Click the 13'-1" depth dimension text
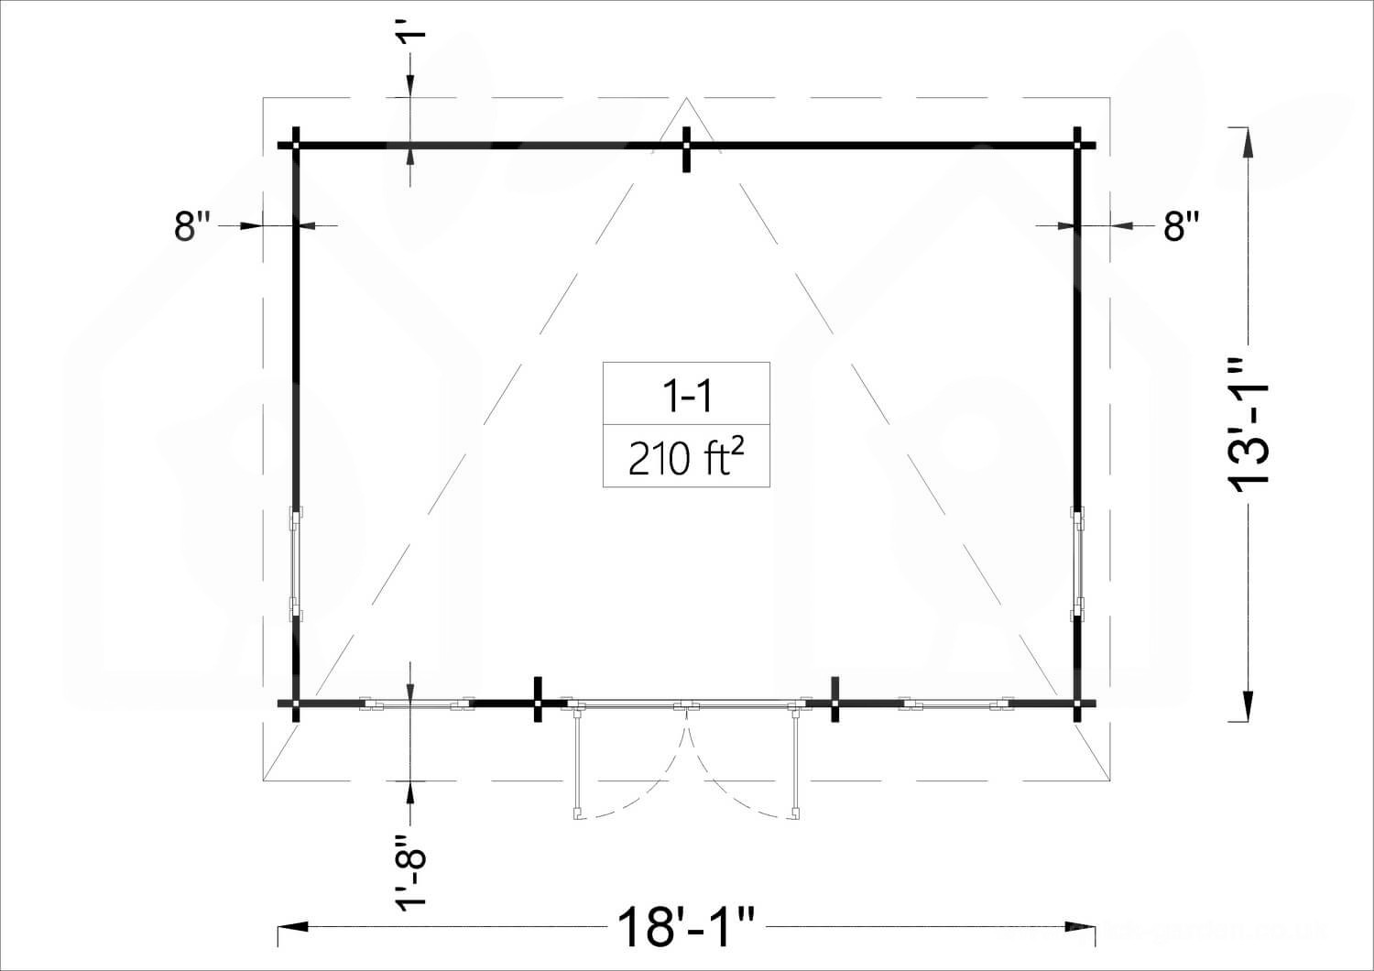tap(1248, 425)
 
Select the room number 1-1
tap(686, 395)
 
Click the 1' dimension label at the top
tap(410, 34)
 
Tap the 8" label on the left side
tap(192, 225)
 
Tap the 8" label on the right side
tap(1182, 225)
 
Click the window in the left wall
tap(296, 564)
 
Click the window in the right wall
tap(1078, 564)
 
